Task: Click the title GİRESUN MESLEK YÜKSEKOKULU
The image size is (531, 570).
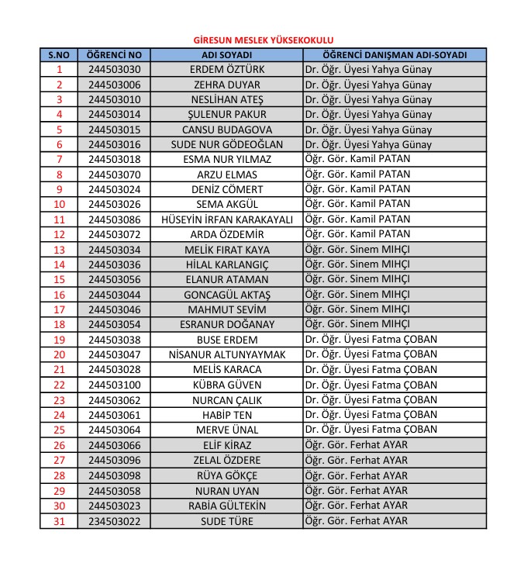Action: [x=264, y=40]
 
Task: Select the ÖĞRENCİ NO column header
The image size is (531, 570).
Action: [x=114, y=55]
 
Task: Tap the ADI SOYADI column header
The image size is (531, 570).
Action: [x=226, y=55]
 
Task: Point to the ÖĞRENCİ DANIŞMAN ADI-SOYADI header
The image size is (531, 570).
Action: [x=395, y=55]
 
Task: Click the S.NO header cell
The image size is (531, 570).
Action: [x=59, y=55]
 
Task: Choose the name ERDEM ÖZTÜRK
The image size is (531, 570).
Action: [x=226, y=70]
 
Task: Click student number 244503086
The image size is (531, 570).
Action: [x=114, y=219]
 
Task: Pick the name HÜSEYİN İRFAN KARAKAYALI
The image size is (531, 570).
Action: [x=226, y=219]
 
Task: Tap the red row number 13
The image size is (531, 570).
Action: [x=59, y=250]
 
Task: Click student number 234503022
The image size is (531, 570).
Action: [x=114, y=521]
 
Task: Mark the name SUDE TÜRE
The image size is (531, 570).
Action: [x=226, y=521]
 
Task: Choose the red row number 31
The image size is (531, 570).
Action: [x=59, y=521]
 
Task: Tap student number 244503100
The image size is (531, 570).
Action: [x=114, y=385]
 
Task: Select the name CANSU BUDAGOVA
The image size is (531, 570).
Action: [x=226, y=130]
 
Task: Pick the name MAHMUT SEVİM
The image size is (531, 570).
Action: [x=226, y=309]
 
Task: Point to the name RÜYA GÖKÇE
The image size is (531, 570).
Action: [x=226, y=475]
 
